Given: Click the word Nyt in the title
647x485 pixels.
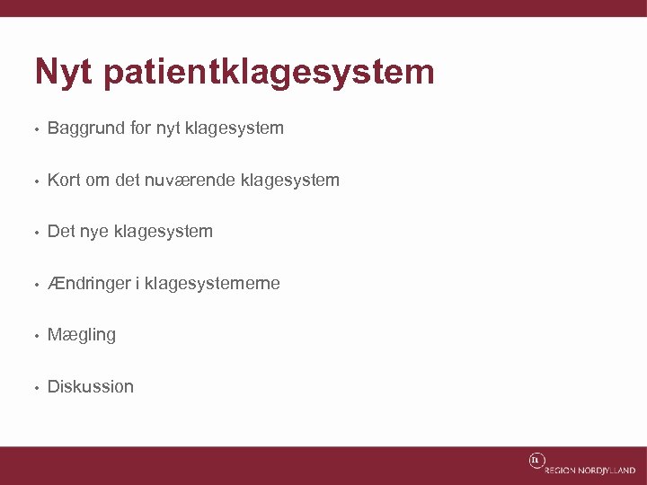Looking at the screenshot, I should pyautogui.click(x=63, y=72).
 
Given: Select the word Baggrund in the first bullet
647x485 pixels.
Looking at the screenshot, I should pyautogui.click(x=86, y=128).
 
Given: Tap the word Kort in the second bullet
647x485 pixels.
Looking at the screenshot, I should pyautogui.click(x=64, y=180).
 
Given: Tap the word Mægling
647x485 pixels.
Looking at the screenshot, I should pyautogui.click(x=82, y=336).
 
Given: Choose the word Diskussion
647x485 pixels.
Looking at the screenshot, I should pyautogui.click(x=90, y=387).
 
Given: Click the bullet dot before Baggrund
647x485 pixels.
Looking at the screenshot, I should pyautogui.click(x=34, y=129).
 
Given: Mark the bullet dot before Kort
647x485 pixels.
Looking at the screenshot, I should pyautogui.click(x=34, y=181).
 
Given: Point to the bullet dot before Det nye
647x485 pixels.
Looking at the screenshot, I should pyautogui.click(x=34, y=233).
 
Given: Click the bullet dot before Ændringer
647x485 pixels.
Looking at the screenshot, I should pyautogui.click(x=34, y=285).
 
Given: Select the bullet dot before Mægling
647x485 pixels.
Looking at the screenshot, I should pyautogui.click(x=34, y=336).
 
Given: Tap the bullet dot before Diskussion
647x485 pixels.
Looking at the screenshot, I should pyautogui.click(x=34, y=388).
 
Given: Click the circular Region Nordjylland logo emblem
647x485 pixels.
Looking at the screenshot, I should pyautogui.click(x=536, y=461).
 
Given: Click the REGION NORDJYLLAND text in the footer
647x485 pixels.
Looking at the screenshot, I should pyautogui.click(x=589, y=470).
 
